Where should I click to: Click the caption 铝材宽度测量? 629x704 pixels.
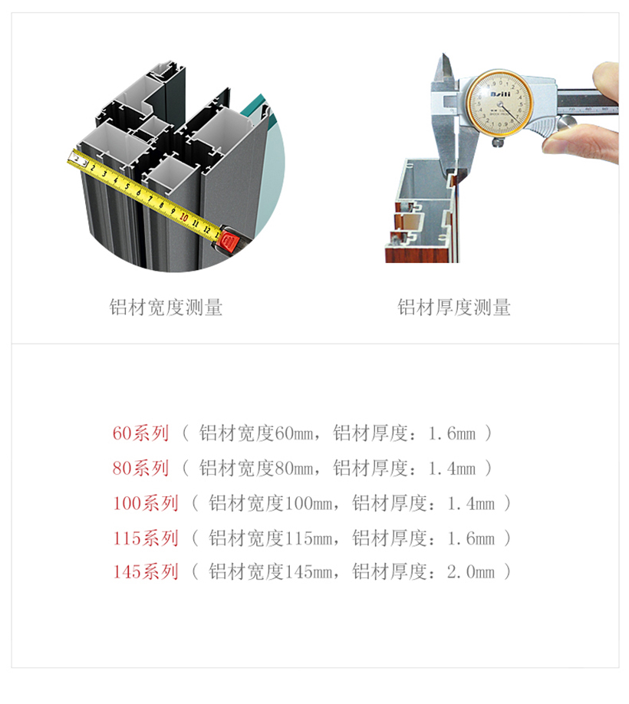coord(166,308)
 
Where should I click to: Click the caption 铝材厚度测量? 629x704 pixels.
coord(454,308)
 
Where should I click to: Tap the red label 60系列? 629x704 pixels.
coord(140,433)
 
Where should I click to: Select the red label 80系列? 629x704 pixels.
coord(140,469)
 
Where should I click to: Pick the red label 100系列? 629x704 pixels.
coord(146,503)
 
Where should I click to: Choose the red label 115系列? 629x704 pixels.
coord(146,538)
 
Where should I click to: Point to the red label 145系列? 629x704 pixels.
coord(146,572)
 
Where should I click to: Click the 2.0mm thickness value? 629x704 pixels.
coord(470,572)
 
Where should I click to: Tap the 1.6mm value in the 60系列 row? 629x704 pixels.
coord(452,433)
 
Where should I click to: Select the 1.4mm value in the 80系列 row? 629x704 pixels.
coord(452,469)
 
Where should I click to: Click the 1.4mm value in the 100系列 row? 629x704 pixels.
coord(470,503)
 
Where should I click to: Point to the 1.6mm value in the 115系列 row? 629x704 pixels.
coord(470,538)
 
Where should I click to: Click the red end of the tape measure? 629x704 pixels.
coord(228,242)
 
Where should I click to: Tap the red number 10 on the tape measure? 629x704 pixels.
coord(183,217)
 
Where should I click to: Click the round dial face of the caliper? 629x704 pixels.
coord(499,102)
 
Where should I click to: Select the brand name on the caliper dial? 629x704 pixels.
coord(500,94)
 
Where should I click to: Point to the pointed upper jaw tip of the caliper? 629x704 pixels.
coord(444,54)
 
